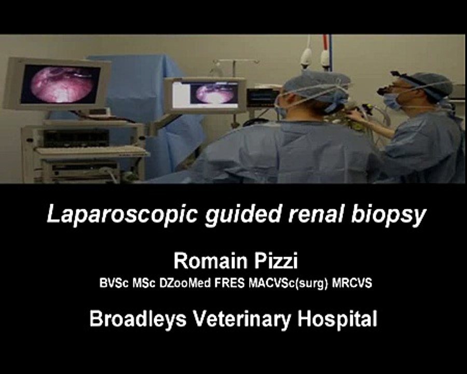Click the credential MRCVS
(x=352, y=285)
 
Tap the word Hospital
(x=337, y=319)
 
